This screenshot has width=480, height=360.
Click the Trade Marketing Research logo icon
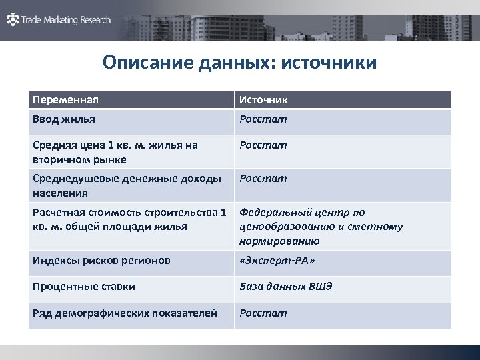click(13, 20)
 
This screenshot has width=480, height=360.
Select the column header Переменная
click(65, 100)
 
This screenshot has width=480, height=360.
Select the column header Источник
click(264, 100)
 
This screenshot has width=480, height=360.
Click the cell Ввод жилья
click(64, 119)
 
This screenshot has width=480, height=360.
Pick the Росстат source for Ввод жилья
click(263, 119)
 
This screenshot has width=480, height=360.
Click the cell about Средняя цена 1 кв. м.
click(115, 152)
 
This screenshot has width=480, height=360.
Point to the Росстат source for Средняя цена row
click(263, 145)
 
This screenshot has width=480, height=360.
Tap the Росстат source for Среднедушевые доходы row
click(263, 178)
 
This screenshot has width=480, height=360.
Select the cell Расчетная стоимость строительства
click(129, 219)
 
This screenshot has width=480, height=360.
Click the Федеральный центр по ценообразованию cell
click(321, 227)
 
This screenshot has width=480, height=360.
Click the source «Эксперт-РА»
click(277, 260)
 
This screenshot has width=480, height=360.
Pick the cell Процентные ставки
click(84, 286)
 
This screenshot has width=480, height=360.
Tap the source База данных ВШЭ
click(286, 286)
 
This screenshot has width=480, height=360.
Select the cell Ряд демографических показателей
click(125, 313)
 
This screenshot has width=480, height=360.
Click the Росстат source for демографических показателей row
click(263, 313)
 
